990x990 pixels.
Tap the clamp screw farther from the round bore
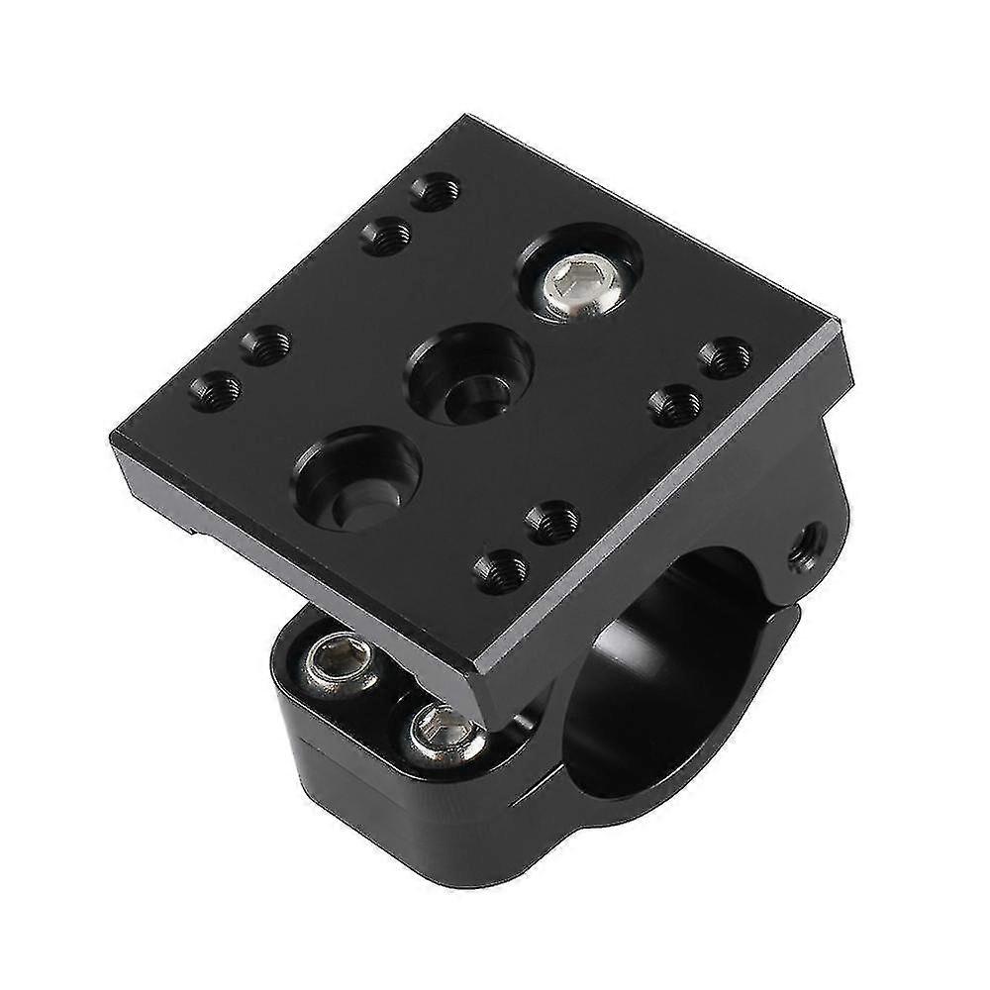[339, 661]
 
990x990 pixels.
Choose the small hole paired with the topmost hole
[386, 235]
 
